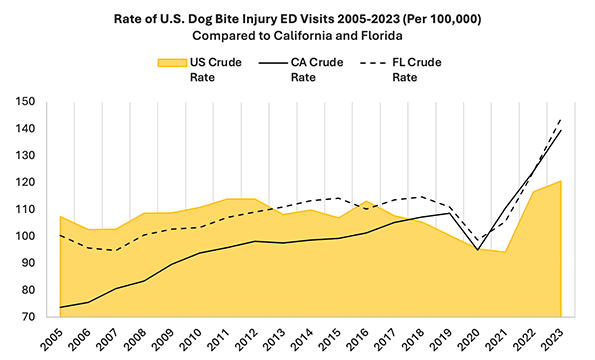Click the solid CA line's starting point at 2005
pos(60,307)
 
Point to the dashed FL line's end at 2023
pos(559,118)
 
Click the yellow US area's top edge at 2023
pos(559,181)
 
